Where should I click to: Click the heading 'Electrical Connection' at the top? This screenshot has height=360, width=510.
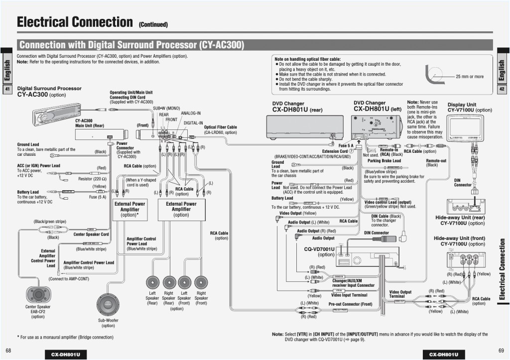coord(74,22)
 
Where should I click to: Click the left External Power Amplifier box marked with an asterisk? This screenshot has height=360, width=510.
coord(129,209)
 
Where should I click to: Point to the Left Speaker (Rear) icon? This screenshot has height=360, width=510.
coord(153,282)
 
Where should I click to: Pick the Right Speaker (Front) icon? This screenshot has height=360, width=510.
coord(201,282)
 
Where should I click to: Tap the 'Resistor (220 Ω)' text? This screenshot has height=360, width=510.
coord(93,179)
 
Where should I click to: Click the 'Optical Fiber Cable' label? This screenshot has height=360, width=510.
coord(220,127)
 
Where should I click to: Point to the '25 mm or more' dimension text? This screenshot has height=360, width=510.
coord(469,77)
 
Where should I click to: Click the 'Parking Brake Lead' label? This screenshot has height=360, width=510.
coord(384,161)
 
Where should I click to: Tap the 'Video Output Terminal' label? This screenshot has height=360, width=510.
coord(400,294)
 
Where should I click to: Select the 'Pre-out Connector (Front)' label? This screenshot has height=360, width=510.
coord(350,304)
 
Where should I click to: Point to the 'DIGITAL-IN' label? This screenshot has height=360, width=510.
coord(193,122)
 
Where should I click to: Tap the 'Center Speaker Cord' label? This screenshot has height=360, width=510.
coord(91,234)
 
